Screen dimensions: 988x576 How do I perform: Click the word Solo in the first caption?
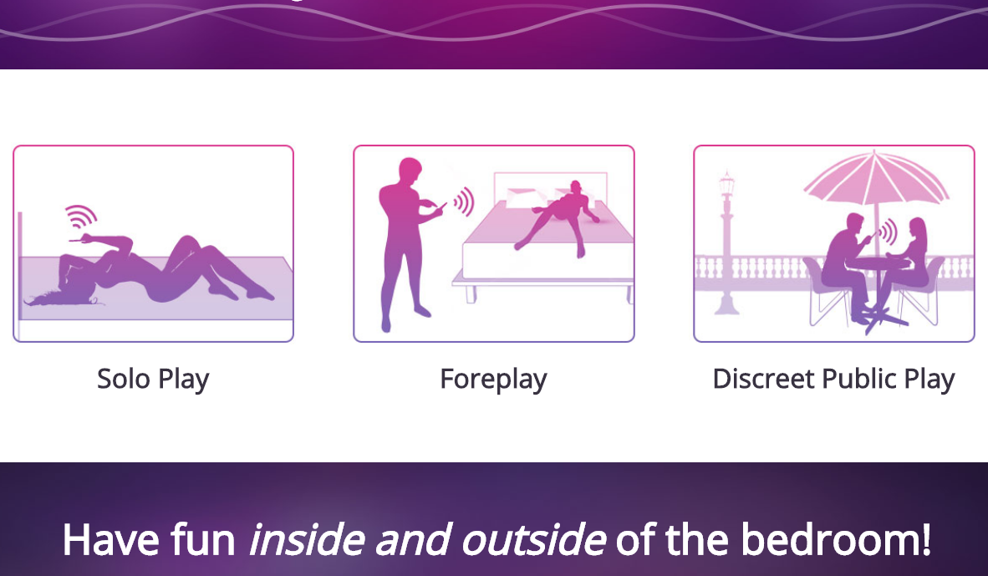pyautogui.click(x=124, y=379)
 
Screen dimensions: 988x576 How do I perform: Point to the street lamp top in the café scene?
pyautogui.click(x=726, y=184)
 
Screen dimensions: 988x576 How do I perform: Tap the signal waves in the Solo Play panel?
pyautogui.click(x=80, y=217)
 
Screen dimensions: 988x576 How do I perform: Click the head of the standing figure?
pyautogui.click(x=410, y=171)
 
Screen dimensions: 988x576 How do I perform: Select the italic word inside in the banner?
pyautogui.click(x=307, y=540)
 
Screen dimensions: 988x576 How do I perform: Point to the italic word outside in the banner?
pyautogui.click(x=533, y=540)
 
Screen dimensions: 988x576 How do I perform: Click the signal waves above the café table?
pyautogui.click(x=888, y=232)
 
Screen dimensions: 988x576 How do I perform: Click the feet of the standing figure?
pyautogui.click(x=403, y=319)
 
